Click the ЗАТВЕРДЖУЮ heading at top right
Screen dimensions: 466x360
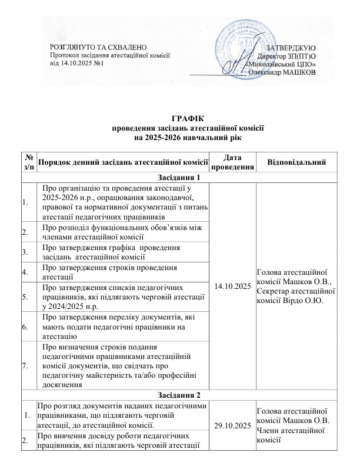pos(291,46)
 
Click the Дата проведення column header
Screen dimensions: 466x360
pos(232,161)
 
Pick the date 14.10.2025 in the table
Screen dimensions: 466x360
pos(232,285)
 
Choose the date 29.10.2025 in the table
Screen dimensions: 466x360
pos(232,424)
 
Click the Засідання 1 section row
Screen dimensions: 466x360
pos(179,178)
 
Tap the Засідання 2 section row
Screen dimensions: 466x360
pos(179,394)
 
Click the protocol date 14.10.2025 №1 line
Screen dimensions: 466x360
pos(76,63)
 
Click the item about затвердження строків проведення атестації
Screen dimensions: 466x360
pos(118,272)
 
